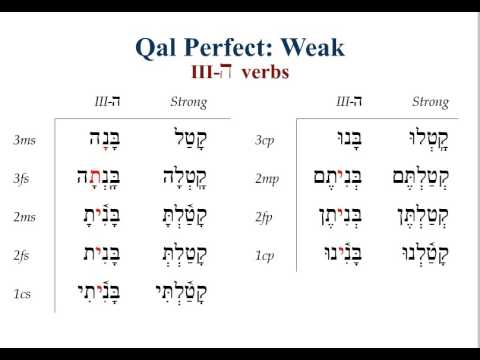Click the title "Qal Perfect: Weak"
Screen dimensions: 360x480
point(241,46)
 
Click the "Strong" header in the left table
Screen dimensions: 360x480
point(188,102)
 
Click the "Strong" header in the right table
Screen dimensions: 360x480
point(430,102)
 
